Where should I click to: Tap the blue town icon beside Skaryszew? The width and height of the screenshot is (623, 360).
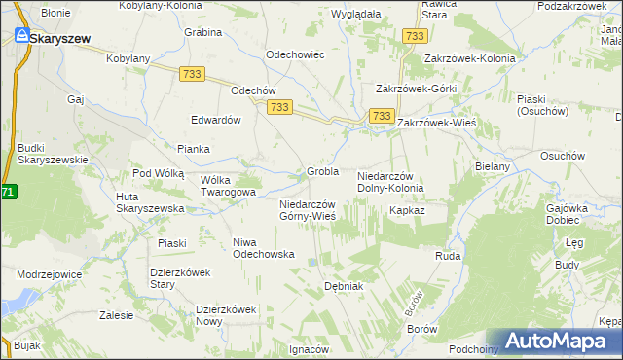pyautogui.click(x=19, y=37)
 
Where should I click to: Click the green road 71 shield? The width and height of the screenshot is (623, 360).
pyautogui.click(x=7, y=193)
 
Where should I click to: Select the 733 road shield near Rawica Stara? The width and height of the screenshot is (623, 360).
pyautogui.click(x=415, y=36)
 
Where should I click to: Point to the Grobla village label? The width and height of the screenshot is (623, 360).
pyautogui.click(x=322, y=172)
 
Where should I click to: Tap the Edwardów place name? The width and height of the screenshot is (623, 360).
pyautogui.click(x=216, y=120)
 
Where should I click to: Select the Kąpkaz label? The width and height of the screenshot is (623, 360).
pyautogui.click(x=407, y=210)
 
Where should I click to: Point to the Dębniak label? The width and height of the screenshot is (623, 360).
pyautogui.click(x=344, y=286)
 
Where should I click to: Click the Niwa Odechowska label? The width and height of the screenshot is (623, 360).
pyautogui.click(x=264, y=247)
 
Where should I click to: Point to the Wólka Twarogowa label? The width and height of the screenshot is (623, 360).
pyautogui.click(x=228, y=186)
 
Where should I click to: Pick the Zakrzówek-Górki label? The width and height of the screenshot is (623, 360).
pyautogui.click(x=417, y=89)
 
